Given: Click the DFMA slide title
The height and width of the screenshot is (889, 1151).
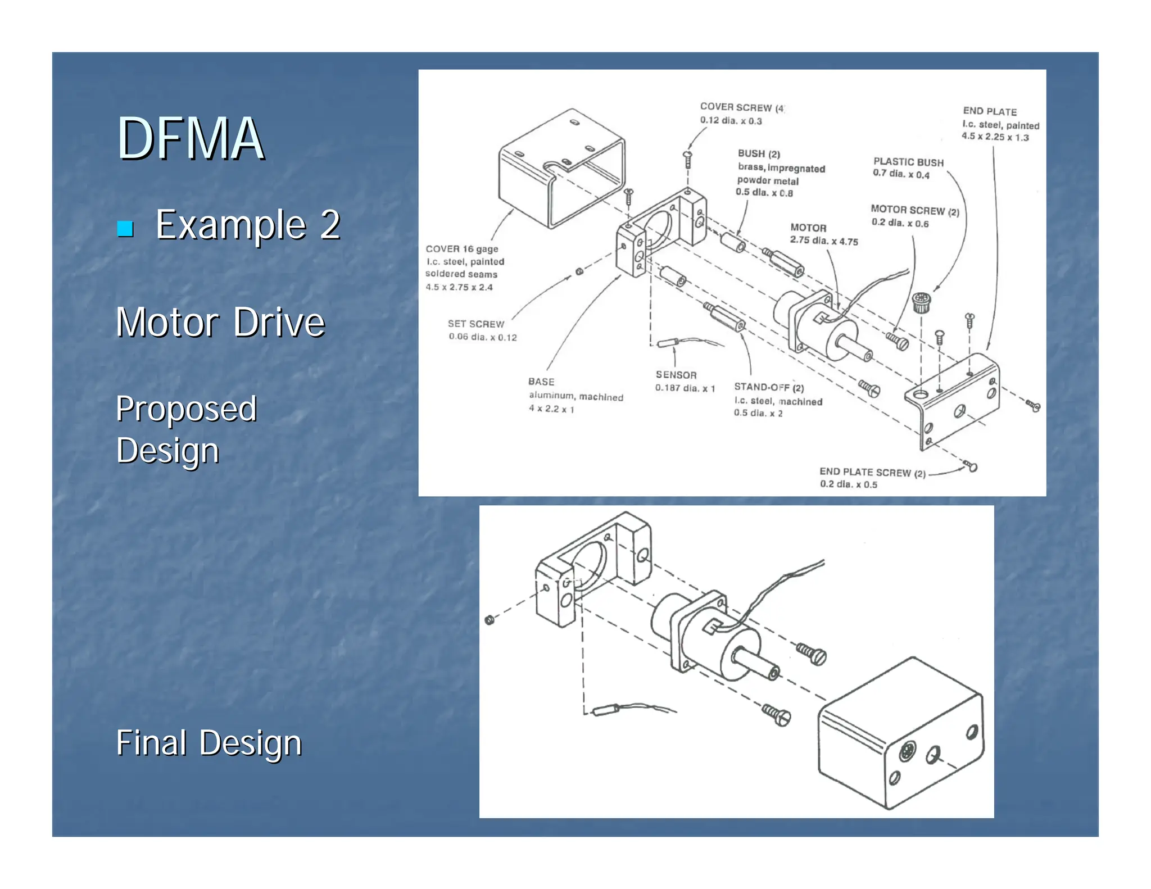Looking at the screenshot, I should click(x=190, y=139).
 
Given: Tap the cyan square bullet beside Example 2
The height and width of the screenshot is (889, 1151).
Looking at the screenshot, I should click(x=125, y=229).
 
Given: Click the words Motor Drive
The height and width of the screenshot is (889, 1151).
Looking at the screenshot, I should click(x=220, y=323).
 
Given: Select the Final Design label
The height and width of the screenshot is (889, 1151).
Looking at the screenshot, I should click(x=209, y=743).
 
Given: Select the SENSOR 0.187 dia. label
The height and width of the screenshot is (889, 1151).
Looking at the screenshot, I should click(x=683, y=381).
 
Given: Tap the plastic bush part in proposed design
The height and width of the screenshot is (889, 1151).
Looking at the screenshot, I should click(x=920, y=302).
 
